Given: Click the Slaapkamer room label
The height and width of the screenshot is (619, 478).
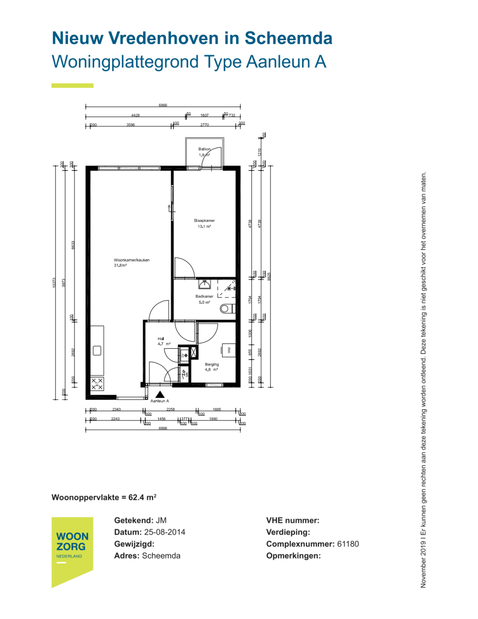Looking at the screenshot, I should pos(204,221).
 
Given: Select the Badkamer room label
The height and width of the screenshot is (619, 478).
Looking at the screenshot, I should pos(204,297).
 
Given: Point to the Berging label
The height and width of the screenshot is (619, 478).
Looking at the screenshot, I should pos(212,365).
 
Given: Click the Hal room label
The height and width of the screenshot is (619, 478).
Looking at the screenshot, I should pos(161,339).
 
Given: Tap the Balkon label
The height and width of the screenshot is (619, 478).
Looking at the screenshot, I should pos(204,149).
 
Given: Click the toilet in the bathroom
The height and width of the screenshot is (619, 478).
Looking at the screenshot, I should pos(227,309).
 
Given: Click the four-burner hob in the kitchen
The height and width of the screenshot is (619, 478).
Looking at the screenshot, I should pos(97,384).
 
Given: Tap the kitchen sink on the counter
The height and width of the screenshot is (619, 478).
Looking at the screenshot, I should pos(97,351).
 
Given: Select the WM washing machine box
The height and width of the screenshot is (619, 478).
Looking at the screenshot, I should pos(228,351).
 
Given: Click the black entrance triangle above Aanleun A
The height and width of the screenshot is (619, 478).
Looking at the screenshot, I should pos(160,395).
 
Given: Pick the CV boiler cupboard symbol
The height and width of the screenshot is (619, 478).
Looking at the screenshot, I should pos(184,355).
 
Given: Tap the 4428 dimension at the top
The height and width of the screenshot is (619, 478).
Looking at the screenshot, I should pos(135,115).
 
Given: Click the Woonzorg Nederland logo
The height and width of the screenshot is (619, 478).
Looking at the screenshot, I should pos(72,550).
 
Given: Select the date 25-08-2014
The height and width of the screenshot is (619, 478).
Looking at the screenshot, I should pos(164,532).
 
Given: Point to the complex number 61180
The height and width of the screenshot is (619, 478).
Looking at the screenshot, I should pos(348,544).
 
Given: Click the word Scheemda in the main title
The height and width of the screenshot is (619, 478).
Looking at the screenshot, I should pos(288,38).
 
